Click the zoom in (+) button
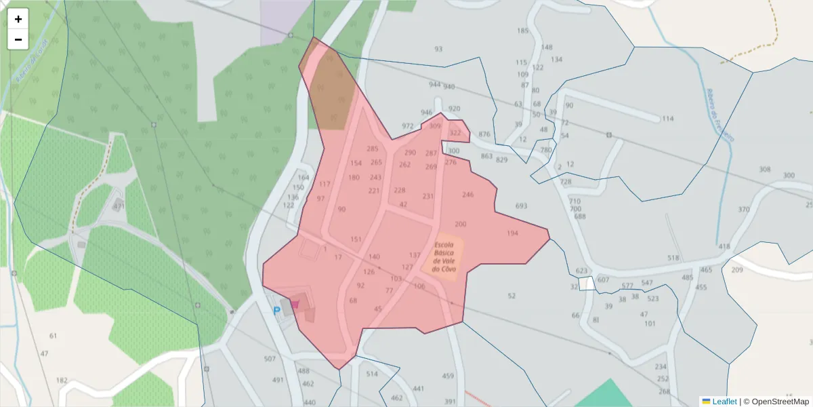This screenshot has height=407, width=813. click(x=18, y=19)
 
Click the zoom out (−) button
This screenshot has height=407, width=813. click(x=18, y=39)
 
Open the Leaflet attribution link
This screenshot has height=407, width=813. click(x=724, y=402)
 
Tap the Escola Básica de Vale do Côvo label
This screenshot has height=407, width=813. click(x=444, y=256)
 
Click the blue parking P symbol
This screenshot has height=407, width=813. click(x=276, y=311)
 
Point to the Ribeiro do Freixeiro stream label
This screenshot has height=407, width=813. click(x=720, y=115)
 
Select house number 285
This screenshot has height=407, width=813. click(x=373, y=149)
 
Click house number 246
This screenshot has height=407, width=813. click(x=468, y=195)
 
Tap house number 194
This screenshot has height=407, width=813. click(x=512, y=233)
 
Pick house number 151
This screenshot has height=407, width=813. click(x=356, y=239)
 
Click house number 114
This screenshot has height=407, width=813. click(x=668, y=119)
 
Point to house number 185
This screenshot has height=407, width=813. click(x=522, y=31)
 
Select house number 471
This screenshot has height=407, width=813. click(x=119, y=206)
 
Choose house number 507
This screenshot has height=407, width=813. click(x=270, y=359)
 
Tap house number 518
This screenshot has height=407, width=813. click(x=673, y=258)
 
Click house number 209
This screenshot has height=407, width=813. click(x=737, y=271)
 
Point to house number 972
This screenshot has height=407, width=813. click(x=407, y=127)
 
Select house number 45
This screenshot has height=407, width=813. click(x=378, y=309)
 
